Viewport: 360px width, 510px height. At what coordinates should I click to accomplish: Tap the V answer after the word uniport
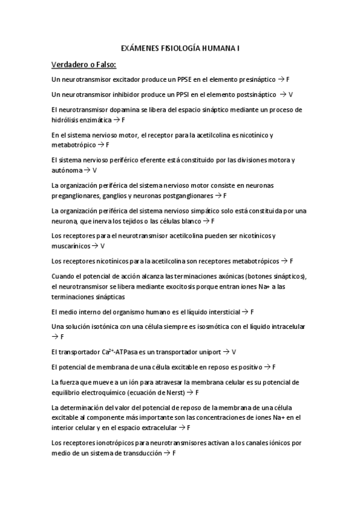(x=234, y=352)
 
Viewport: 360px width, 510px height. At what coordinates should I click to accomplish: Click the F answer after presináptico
(x=288, y=79)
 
